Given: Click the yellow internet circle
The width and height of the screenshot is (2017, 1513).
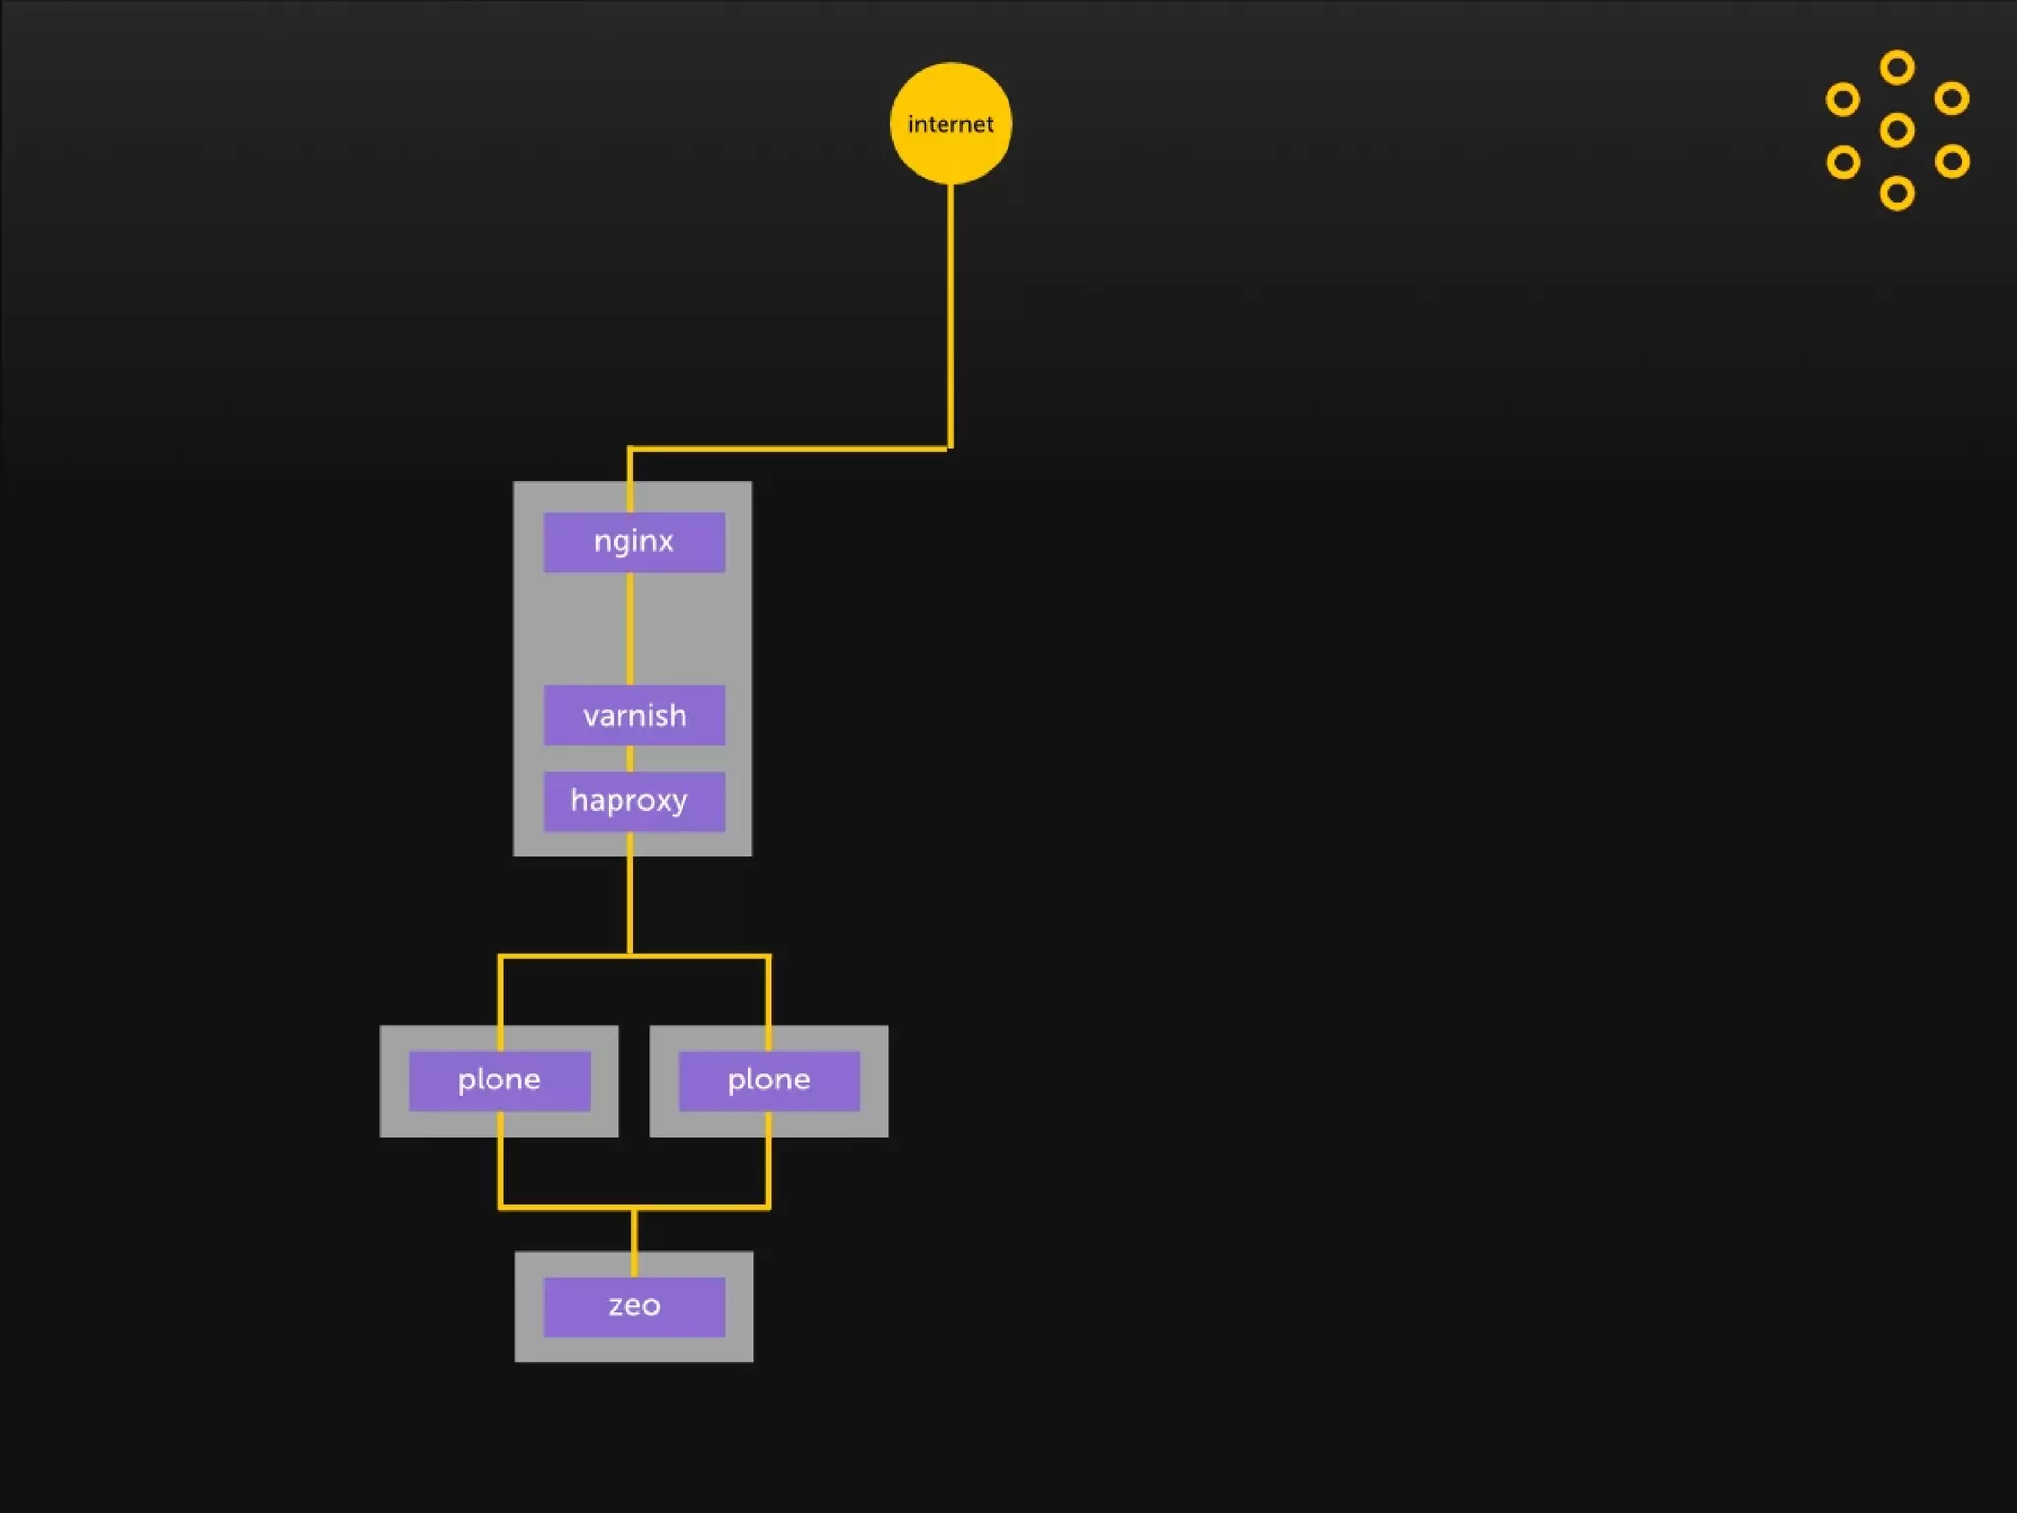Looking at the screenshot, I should click(950, 123).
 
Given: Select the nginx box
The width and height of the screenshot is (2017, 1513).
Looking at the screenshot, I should click(633, 542).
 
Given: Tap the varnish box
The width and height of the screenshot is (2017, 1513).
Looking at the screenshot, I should click(633, 714).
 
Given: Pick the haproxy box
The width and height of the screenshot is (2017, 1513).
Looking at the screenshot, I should click(633, 801).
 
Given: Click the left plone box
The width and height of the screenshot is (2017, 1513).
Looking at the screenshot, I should click(499, 1081).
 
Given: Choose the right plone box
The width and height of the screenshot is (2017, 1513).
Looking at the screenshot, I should click(768, 1081).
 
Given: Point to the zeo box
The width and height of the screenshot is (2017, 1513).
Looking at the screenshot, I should click(633, 1306).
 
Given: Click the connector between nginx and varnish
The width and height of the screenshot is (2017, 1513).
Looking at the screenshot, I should click(630, 628).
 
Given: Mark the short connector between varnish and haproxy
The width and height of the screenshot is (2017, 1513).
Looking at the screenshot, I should click(630, 758).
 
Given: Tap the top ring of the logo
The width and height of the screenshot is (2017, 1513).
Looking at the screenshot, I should click(1897, 68).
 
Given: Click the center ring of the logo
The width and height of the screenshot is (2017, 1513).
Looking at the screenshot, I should click(1897, 130).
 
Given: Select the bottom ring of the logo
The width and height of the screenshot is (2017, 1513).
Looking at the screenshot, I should click(1897, 193).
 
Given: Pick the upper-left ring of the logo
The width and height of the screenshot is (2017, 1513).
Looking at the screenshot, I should click(1843, 99).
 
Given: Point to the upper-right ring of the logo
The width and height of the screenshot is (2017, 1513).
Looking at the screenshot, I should click(1951, 99).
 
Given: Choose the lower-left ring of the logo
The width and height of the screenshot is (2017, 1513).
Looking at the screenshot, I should click(1844, 163).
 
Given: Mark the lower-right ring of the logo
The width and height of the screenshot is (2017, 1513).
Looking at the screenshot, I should click(1951, 162).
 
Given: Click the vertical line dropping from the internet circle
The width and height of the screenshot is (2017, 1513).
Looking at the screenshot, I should click(950, 315).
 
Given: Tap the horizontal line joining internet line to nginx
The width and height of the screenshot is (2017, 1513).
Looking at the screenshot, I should click(788, 449).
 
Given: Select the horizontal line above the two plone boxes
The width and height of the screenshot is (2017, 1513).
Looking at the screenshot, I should click(634, 955).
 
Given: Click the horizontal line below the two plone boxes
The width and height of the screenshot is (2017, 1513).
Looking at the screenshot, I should click(634, 1207).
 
